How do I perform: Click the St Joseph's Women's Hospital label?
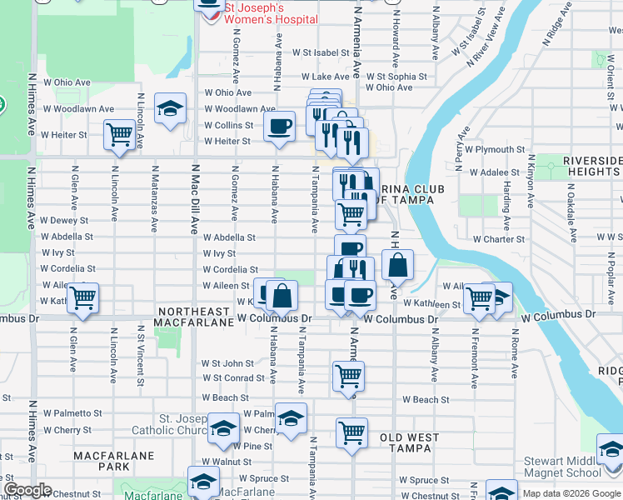tap(271, 12)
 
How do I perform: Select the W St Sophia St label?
tap(400, 77)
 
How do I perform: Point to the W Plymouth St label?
tap(495, 149)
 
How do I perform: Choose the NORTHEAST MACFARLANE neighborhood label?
tap(193, 317)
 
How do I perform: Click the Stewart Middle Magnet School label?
tap(562, 467)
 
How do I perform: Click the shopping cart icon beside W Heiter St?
tap(120, 133)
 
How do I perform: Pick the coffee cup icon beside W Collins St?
tap(279, 127)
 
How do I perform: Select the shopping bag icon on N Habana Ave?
tap(282, 295)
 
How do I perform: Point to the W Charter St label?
tap(498, 239)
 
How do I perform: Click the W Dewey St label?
tap(64, 220)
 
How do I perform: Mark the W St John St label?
tap(227, 363)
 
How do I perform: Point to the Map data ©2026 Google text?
tap(571, 493)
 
